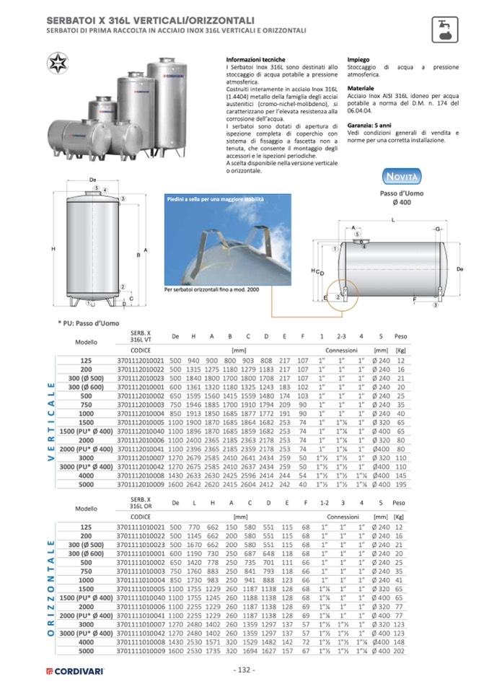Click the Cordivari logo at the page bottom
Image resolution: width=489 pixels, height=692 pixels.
tap(75, 670)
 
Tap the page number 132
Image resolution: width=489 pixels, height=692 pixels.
tap(244, 670)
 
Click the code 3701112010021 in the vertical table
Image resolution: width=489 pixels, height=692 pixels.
tap(141, 359)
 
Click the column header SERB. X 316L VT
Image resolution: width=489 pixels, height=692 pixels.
tap(141, 336)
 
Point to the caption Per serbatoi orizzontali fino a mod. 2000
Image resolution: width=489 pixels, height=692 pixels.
tap(211, 289)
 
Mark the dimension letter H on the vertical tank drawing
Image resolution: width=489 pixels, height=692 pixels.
tap(54, 249)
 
